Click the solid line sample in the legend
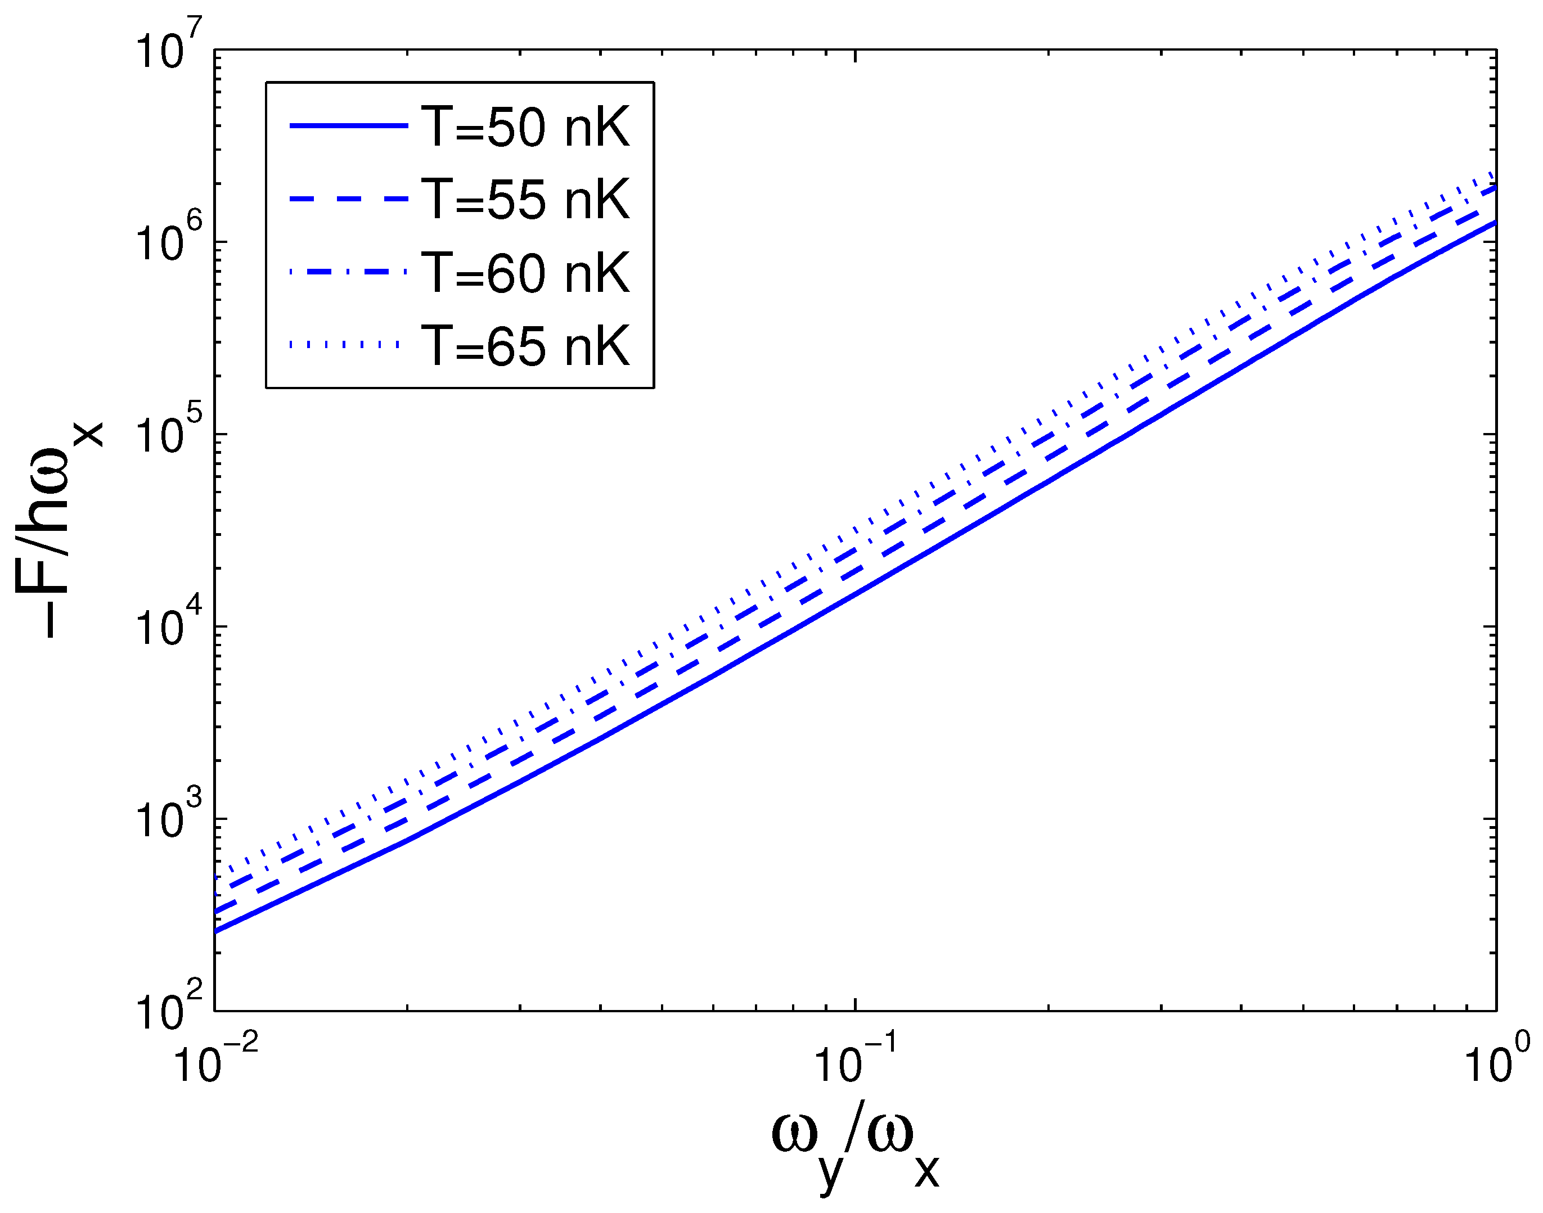[348, 127]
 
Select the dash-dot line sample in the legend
[348, 271]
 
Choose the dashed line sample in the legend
[348, 200]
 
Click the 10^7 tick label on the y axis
[168, 47]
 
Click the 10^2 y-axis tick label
[168, 1008]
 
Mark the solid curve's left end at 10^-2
[216, 931]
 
